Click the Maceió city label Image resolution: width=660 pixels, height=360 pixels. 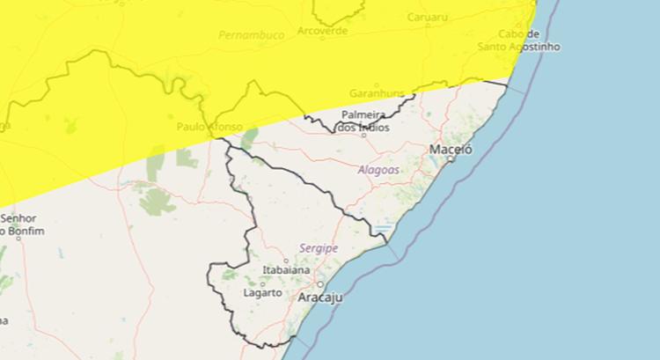pos(451,151)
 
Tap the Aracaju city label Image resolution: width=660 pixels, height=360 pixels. pos(320,298)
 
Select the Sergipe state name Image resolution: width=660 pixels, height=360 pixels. pos(318,249)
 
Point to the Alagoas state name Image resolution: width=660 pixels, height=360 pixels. pos(379,169)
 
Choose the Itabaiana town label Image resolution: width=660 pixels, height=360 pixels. pos(285,270)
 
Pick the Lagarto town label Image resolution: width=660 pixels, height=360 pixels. pos(261,292)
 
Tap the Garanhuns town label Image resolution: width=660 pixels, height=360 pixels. pos(377,92)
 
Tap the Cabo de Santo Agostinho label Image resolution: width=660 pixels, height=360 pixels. pos(519,40)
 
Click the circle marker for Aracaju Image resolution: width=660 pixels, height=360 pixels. pos(320,285)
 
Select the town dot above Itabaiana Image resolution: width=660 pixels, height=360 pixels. pos(286,261)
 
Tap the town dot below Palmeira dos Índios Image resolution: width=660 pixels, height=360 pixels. pos(363,135)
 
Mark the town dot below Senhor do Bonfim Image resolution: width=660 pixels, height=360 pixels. pos(17,237)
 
